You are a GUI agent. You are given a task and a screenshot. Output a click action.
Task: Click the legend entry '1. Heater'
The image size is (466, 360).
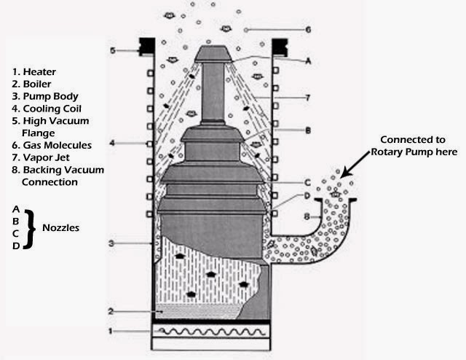click(36, 71)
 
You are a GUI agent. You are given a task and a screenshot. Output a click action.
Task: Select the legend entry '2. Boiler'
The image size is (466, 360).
click(35, 84)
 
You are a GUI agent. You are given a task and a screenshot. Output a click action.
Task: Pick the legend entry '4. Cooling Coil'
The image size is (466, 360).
click(48, 109)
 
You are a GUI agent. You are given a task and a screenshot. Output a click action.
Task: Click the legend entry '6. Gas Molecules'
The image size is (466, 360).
click(52, 145)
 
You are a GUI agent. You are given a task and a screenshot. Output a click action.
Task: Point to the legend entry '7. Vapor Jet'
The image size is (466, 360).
click(43, 157)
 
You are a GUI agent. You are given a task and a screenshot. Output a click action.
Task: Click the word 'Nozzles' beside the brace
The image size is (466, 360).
click(60, 227)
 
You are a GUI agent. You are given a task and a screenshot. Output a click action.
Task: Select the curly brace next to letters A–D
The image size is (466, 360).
click(29, 227)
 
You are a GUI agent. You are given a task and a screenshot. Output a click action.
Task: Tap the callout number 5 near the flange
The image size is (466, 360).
click(113, 50)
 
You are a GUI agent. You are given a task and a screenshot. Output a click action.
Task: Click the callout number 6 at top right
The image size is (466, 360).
click(308, 30)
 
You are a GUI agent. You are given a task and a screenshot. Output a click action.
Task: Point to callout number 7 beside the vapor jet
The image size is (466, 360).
click(308, 96)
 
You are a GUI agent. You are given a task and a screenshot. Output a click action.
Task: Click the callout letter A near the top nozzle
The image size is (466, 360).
click(308, 62)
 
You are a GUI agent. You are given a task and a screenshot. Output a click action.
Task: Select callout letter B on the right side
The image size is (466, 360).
click(308, 131)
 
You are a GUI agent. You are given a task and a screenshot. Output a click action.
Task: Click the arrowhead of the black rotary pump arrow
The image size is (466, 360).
click(341, 175)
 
